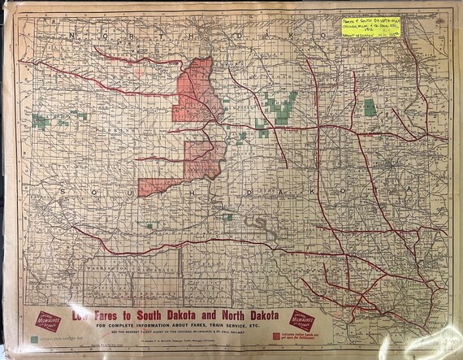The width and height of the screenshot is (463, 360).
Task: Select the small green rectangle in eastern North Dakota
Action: point(370,107)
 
